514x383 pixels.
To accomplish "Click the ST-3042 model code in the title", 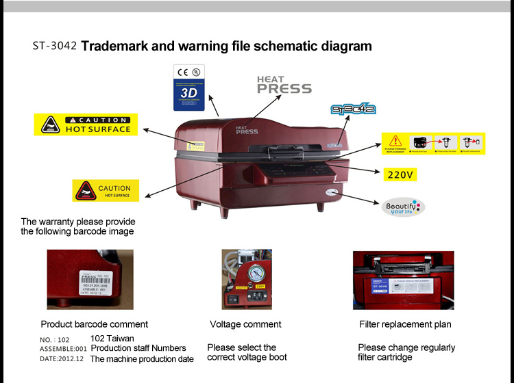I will pos(55,47).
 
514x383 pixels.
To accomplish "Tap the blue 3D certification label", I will pos(191,88).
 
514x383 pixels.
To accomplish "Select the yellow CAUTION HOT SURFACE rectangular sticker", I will pos(86,124).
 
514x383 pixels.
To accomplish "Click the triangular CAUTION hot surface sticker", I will pos(106,190).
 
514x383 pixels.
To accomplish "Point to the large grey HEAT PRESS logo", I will pos(284,85).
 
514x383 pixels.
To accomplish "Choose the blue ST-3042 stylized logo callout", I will pos(352,109).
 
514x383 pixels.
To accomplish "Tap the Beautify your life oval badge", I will pos(405,207).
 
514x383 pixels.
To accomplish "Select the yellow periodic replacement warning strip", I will pos(433,144).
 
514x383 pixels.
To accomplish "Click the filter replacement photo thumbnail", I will pos(403,280).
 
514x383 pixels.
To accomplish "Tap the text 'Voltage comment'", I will pos(245,324).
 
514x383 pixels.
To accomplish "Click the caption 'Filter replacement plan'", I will pos(405,324).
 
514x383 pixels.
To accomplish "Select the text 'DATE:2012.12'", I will pos(61,359).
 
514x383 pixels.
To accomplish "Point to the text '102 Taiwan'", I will pos(112,339).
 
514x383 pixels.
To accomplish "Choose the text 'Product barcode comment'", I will pos(94,324).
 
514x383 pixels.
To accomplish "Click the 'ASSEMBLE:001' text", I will pos(63,349).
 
